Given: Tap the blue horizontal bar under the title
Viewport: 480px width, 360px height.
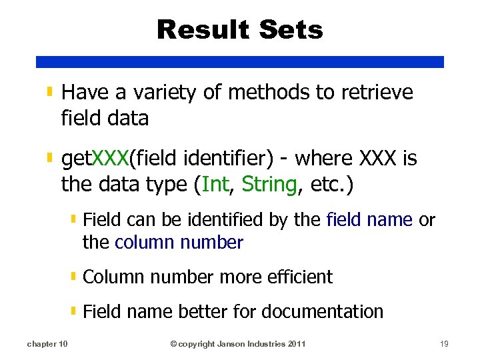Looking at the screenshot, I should pos(240,61).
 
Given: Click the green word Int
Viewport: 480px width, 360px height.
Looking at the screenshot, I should pos(215,184).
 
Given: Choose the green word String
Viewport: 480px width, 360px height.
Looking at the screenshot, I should pos(269,185).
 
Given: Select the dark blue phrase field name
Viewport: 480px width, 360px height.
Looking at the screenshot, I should pos(369,220).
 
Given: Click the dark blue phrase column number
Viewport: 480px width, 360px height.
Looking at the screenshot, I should pos(179,242).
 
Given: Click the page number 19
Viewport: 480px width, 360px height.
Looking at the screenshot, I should pos(445,344).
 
